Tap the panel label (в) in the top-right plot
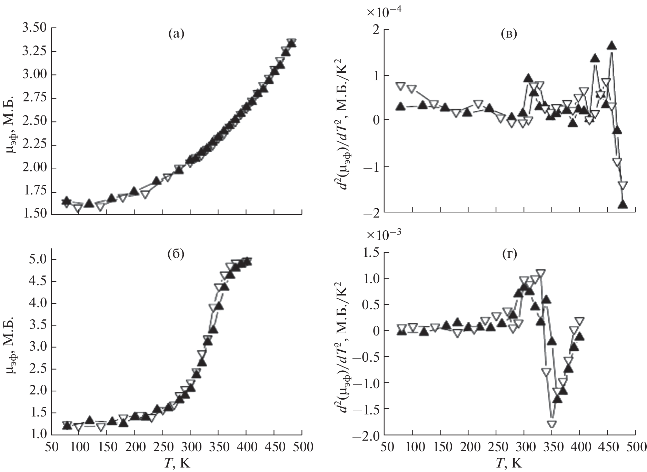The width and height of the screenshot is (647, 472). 509,34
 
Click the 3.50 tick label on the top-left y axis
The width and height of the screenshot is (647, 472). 33,28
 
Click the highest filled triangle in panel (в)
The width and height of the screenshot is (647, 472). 611,46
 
